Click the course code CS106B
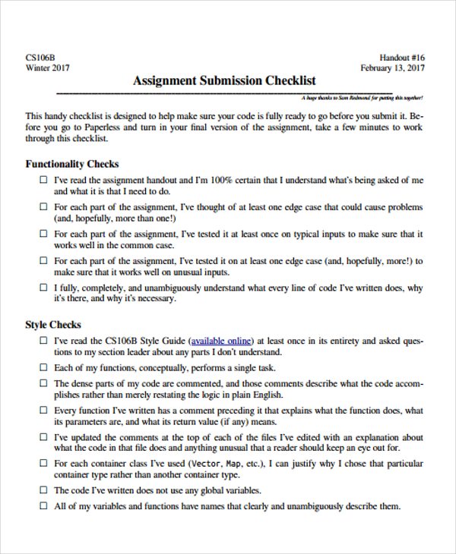(x=40, y=58)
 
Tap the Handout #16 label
(x=402, y=58)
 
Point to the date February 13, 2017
(x=392, y=68)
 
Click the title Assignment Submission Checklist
(x=224, y=80)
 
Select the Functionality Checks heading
(x=72, y=164)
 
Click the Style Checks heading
(x=53, y=325)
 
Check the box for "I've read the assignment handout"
(x=43, y=181)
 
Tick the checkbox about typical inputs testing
(x=43, y=235)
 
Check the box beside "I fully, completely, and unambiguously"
(x=43, y=288)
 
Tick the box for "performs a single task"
(x=43, y=368)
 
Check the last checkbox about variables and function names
(x=43, y=507)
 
